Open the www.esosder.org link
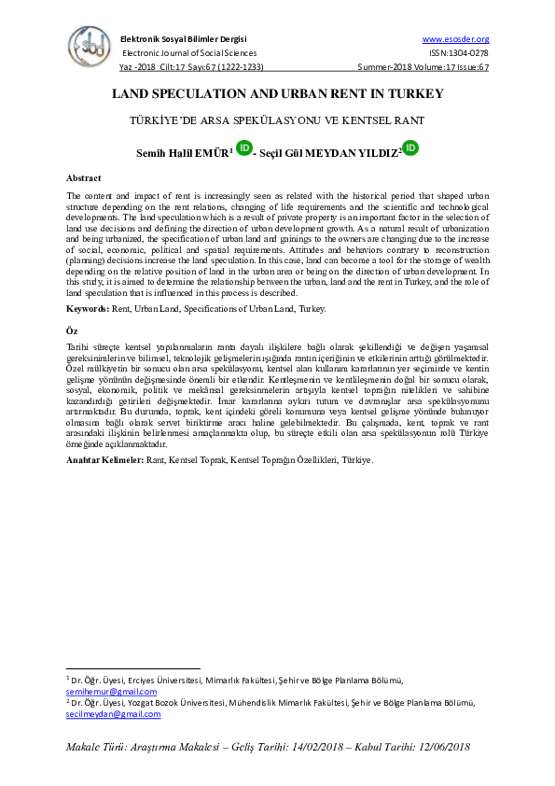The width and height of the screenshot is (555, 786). tap(455, 39)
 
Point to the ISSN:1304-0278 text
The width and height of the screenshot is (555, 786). tap(460, 53)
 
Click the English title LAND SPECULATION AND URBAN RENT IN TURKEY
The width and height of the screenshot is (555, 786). tap(277, 94)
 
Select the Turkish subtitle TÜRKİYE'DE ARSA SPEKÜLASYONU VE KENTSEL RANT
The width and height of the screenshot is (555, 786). tap(277, 121)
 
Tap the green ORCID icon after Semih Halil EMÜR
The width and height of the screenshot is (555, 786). tap(243, 147)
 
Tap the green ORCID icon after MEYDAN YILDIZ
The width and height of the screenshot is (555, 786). tap(409, 147)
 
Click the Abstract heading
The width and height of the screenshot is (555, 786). tap(84, 177)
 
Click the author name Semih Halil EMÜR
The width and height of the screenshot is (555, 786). tap(175, 151)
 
